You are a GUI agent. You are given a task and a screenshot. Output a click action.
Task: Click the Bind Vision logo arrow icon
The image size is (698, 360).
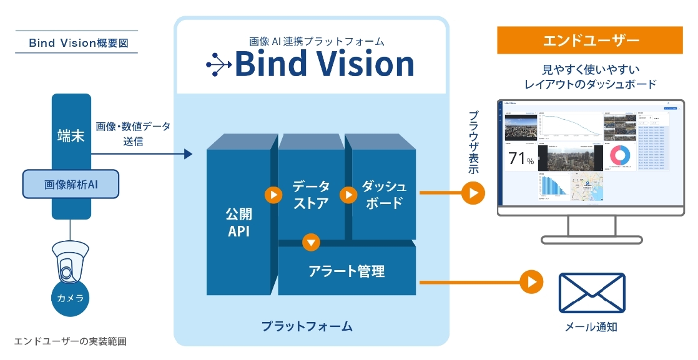tap(219, 64)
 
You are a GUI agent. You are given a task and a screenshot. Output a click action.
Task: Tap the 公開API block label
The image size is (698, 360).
tap(239, 223)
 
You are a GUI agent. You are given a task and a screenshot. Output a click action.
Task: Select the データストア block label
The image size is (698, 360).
tap(310, 195)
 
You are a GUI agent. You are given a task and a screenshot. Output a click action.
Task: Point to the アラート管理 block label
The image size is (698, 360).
tap(347, 271)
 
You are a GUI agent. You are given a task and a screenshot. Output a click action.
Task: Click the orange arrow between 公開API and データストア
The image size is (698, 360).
tap(273, 195)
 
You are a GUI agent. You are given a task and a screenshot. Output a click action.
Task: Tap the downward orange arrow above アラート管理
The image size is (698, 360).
tap(311, 241)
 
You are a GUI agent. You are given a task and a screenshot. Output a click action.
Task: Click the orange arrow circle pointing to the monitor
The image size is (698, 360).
tap(473, 193)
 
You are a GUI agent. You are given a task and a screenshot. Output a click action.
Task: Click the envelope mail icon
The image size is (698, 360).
tap(591, 293)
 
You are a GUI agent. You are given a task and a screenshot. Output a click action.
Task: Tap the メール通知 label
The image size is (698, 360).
tap(591, 326)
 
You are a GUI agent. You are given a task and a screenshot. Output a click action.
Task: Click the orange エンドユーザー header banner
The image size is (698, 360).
tap(590, 41)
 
